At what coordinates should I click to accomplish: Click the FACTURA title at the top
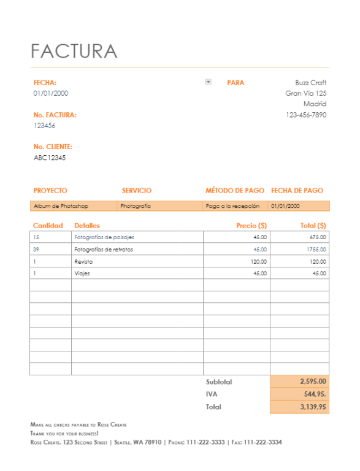coord(74,51)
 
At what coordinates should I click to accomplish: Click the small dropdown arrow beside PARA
coord(209,82)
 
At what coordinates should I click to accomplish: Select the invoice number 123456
coord(44,126)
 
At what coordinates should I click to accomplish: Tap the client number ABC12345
coord(50,158)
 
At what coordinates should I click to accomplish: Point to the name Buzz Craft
coord(310,83)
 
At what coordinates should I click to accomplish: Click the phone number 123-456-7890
coord(306,115)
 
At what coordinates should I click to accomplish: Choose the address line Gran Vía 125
coord(306,93)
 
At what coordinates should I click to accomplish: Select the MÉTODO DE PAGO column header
coord(235,191)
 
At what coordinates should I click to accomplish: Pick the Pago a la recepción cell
coord(232,207)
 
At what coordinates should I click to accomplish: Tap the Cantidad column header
coord(48,226)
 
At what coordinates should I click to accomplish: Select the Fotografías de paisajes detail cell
coord(104,237)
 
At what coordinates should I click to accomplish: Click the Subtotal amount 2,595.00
coord(313,381)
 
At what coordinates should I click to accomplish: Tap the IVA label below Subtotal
coord(212,394)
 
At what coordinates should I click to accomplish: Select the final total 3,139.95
coord(313,407)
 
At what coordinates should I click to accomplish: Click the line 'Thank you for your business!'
coord(64,433)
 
